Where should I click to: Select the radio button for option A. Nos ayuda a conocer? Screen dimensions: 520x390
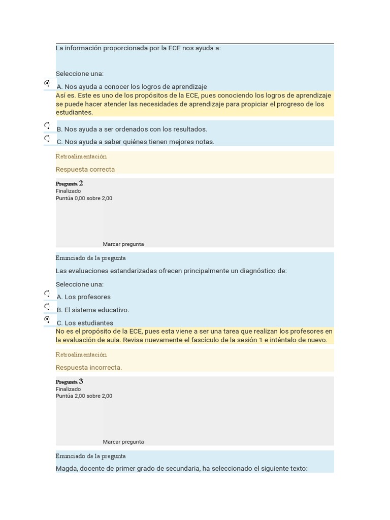click(47, 83)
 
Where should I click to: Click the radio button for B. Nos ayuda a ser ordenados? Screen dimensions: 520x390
click(47, 125)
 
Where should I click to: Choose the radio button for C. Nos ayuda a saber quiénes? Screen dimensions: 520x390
click(47, 138)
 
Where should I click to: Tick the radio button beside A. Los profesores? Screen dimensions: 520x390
click(47, 294)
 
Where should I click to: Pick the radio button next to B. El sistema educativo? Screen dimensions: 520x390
click(47, 306)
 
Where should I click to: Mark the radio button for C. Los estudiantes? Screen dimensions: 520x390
click(47, 319)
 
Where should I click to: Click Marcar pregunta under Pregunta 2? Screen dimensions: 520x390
click(123, 244)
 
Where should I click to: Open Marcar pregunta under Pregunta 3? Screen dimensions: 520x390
click(123, 442)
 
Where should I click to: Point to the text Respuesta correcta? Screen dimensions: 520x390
click(85, 170)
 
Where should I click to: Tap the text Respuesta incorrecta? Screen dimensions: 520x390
click(89, 368)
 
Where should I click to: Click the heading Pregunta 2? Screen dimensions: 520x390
click(69, 183)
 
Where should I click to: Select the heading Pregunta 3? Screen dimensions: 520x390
click(69, 381)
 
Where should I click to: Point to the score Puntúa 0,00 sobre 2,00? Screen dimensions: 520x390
click(84, 198)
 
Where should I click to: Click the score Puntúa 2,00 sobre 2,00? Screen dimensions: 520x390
click(84, 396)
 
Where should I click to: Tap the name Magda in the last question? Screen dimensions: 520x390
click(66, 469)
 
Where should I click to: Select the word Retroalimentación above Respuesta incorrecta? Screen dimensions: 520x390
click(81, 354)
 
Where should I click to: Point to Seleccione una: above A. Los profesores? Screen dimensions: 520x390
click(80, 284)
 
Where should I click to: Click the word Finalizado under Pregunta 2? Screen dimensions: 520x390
click(68, 191)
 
